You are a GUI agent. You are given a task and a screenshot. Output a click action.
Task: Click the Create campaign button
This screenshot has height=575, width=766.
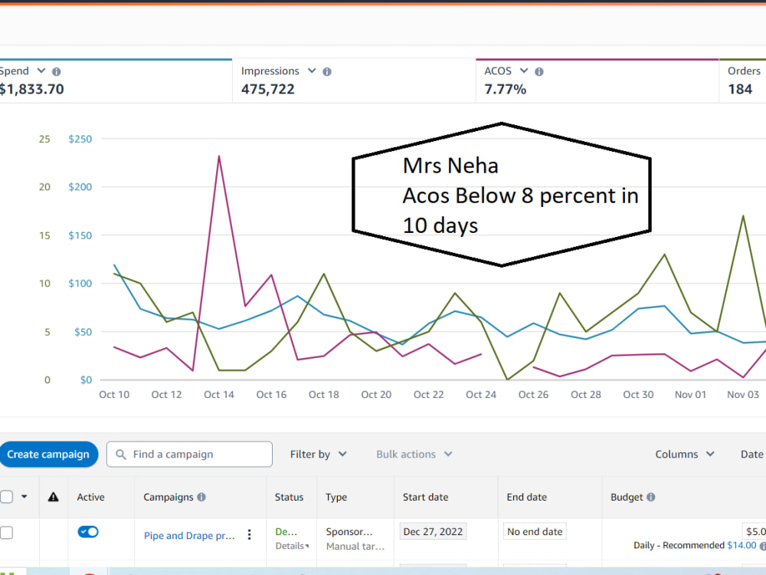[47, 454]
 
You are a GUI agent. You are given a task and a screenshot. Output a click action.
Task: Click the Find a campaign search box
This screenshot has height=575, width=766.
[189, 454]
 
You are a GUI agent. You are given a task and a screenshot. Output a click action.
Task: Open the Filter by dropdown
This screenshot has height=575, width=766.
[318, 454]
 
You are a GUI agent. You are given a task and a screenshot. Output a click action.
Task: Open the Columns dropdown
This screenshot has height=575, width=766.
[684, 454]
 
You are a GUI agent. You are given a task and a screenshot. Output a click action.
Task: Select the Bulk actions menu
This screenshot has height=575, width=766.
[414, 454]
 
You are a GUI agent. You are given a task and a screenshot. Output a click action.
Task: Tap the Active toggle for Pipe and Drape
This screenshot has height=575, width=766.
[88, 531]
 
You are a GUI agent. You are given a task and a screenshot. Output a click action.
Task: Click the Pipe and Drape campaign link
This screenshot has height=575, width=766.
[189, 535]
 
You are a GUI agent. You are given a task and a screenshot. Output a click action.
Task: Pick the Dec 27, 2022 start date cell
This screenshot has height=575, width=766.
[433, 531]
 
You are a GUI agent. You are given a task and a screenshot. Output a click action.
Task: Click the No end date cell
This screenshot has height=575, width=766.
[535, 531]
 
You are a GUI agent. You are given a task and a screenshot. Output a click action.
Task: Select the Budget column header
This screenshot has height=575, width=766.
[627, 498]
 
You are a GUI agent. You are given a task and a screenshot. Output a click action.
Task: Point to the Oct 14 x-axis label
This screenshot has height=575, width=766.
[219, 395]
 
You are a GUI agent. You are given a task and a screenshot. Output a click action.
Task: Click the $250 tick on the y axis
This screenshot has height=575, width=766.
[80, 139]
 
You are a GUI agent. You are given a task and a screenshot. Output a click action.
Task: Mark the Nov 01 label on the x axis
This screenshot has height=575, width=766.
[690, 395]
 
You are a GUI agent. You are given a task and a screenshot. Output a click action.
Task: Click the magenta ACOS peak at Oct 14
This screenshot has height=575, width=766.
[219, 156]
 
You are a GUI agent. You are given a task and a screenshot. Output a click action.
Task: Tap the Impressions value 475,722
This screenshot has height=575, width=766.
[267, 89]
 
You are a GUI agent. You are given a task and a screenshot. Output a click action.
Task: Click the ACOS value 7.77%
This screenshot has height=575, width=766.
[505, 89]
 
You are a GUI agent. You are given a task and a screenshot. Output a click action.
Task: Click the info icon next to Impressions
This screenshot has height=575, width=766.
[327, 72]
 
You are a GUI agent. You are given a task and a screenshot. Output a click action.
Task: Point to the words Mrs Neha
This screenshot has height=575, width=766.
[450, 166]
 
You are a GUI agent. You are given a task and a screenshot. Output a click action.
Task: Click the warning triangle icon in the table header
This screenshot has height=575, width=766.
[54, 498]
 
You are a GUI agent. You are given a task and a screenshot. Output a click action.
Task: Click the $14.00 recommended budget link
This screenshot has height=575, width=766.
[741, 545]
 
